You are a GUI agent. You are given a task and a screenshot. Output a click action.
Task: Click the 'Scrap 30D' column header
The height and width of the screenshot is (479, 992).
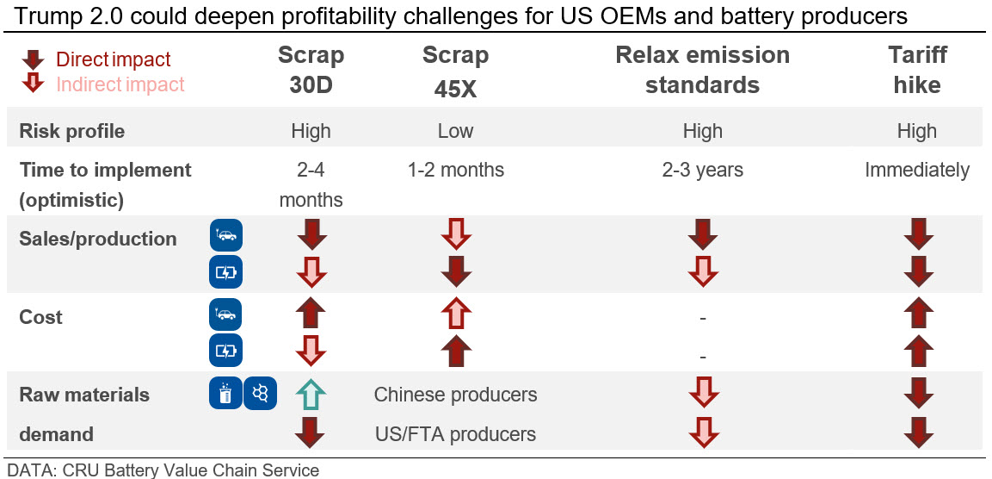[311, 70]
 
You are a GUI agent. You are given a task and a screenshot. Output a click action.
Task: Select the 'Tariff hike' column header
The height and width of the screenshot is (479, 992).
[917, 70]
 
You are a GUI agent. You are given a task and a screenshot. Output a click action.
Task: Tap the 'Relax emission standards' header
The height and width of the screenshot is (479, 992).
[702, 70]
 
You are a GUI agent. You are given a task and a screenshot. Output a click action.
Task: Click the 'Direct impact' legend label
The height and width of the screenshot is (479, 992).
[114, 59]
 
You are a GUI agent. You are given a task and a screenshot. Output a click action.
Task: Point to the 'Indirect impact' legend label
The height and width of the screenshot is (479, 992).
[120, 84]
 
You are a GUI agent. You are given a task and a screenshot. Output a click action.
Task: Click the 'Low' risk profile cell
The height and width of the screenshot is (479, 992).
[455, 131]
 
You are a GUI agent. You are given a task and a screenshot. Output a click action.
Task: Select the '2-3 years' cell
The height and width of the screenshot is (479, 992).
[702, 170]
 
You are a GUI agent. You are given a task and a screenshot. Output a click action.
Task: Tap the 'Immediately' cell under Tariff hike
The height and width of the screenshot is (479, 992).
[917, 170]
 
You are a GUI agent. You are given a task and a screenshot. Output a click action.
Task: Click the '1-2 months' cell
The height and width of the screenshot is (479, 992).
[455, 170]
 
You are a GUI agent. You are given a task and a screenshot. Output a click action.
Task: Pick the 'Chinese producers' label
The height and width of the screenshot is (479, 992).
[455, 395]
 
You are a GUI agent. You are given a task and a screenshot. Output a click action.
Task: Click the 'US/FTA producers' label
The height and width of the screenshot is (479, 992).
[455, 434]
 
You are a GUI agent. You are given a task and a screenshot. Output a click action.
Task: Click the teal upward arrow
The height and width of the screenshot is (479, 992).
[311, 395]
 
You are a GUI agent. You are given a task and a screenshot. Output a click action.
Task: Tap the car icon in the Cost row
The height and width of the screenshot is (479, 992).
[226, 314]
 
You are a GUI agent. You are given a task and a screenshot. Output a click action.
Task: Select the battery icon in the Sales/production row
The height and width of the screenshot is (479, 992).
[226, 273]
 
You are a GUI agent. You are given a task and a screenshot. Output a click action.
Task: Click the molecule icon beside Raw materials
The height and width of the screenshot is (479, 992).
[260, 394]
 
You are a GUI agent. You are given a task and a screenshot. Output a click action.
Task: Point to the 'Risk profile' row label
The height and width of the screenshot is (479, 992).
[72, 131]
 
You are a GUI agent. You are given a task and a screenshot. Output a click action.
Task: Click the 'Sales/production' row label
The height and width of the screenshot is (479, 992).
[98, 239]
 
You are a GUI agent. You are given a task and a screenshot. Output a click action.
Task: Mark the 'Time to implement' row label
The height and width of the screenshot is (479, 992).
[106, 170]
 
